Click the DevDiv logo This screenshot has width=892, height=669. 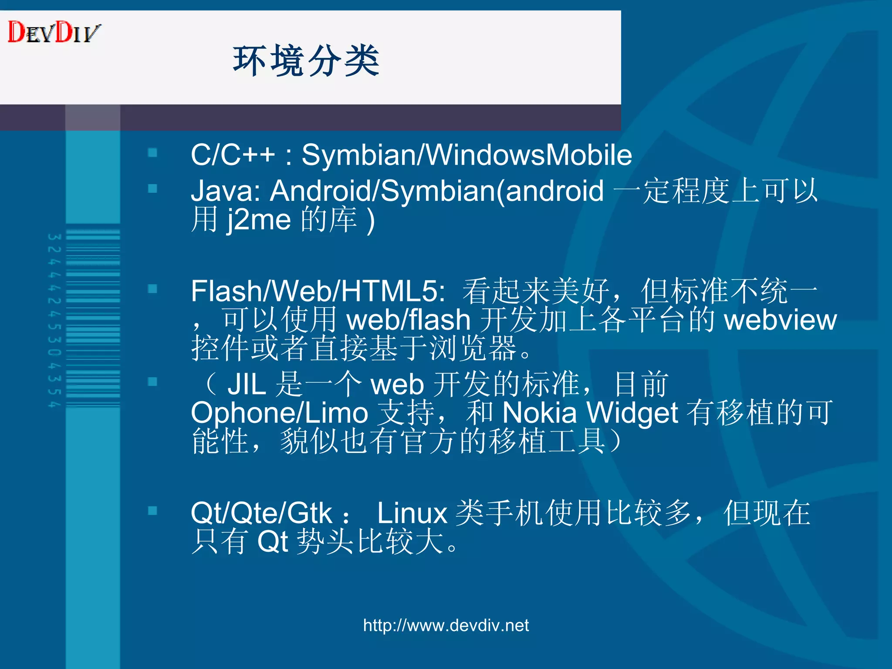click(x=54, y=32)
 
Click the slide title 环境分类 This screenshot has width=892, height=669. click(x=306, y=61)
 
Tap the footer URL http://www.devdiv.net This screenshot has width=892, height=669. click(x=446, y=625)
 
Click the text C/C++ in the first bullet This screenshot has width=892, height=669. click(x=233, y=155)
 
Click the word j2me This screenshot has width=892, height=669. click(x=259, y=220)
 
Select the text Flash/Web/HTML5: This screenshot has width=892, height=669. click(x=318, y=291)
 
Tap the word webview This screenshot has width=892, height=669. click(x=780, y=320)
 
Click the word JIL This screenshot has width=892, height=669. click(x=247, y=385)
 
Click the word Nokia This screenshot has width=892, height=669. click(x=539, y=413)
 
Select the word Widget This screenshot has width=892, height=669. click(x=632, y=413)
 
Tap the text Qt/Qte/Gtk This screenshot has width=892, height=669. click(x=261, y=513)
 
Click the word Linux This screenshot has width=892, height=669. click(x=412, y=513)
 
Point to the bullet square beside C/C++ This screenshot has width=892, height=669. click(x=152, y=153)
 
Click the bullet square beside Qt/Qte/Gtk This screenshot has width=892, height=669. click(x=152, y=510)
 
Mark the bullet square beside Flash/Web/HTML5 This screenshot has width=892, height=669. click(x=152, y=289)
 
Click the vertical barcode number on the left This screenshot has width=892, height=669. click(x=54, y=321)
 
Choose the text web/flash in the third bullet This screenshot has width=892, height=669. click(x=408, y=320)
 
